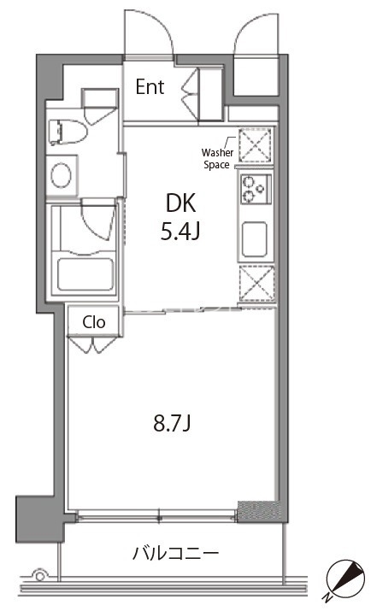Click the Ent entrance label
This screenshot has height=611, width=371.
[150, 87]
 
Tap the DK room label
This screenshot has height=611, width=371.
[180, 203]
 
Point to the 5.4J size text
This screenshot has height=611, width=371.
[180, 232]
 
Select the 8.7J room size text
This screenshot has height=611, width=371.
[172, 424]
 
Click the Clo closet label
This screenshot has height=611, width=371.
[93, 322]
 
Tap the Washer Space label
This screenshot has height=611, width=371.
[217, 159]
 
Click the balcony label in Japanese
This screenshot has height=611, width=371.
[175, 554]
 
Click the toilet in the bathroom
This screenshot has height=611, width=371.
[68, 132]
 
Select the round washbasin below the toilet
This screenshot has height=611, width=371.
[62, 175]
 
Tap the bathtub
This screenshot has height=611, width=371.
[85, 273]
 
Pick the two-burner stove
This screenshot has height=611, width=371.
[256, 190]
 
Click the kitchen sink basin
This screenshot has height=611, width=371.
[255, 239]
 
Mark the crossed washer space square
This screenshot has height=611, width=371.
[255, 145]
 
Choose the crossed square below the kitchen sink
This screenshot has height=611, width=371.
[256, 284]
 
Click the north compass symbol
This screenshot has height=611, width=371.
[345, 578]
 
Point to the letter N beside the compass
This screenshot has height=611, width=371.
[326, 597]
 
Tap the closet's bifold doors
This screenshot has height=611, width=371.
[92, 344]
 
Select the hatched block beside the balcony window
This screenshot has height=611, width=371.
[259, 511]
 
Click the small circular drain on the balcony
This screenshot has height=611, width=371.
[39, 575]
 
